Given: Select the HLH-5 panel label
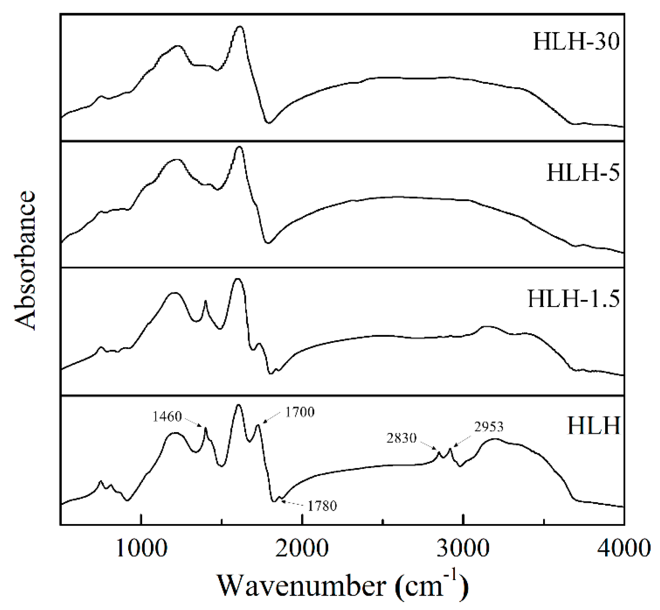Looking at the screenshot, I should (583, 173).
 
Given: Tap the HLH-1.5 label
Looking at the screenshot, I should (573, 299).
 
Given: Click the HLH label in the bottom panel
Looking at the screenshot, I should (594, 426).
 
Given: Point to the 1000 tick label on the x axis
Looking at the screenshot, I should (141, 548).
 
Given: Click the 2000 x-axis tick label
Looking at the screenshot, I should (302, 548).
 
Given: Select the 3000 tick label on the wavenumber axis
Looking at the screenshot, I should (463, 548).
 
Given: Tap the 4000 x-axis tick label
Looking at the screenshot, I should (623, 548).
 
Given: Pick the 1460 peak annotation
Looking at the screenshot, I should (168, 417).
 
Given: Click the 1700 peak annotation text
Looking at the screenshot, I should (300, 412).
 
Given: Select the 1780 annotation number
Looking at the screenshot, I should (321, 506).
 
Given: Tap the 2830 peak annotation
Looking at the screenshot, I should (401, 438).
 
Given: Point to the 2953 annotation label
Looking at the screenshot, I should (489, 427).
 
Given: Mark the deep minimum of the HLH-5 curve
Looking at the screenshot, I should (268, 243).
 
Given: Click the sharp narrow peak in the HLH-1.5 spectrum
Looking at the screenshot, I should (205, 301).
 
